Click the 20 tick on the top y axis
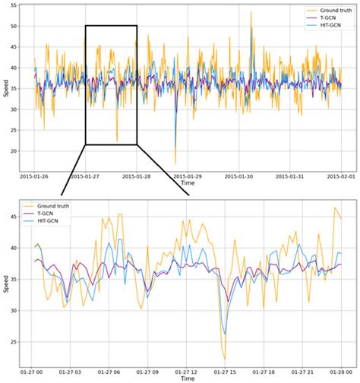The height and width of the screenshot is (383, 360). [12, 150]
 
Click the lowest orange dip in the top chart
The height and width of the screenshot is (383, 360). [175, 163]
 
